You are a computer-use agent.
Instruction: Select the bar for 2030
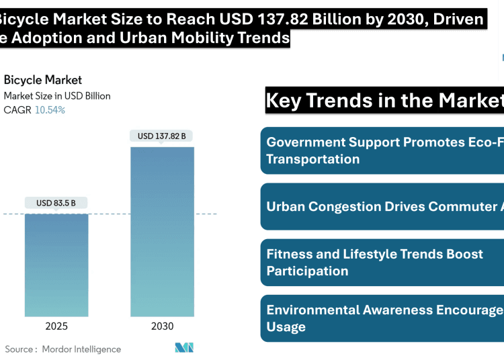(162, 231)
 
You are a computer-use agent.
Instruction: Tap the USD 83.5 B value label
(56, 203)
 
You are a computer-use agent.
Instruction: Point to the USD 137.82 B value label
(162, 136)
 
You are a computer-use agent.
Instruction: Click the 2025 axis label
(56, 326)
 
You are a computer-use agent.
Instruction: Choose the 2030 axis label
(162, 326)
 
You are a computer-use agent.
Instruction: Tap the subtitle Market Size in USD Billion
(57, 96)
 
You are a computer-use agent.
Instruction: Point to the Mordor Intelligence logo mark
(184, 348)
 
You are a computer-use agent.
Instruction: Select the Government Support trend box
(382, 150)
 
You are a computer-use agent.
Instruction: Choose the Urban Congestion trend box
(382, 206)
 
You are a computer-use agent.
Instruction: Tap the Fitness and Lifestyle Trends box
(382, 262)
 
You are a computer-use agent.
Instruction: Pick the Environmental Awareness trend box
(382, 318)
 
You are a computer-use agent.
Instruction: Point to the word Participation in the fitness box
(307, 271)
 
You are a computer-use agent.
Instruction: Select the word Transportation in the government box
(313, 159)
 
